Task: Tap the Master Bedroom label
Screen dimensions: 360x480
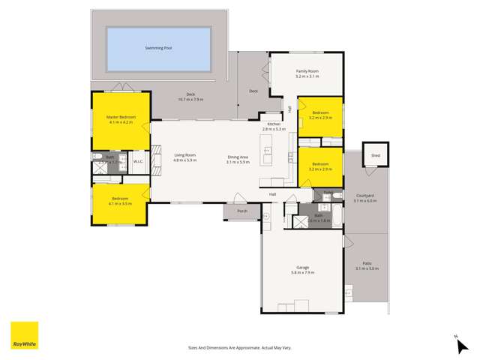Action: (x=119, y=117)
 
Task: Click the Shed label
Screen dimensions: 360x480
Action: (x=374, y=155)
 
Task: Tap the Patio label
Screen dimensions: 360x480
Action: (x=367, y=263)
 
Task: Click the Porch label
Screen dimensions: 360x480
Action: (x=241, y=211)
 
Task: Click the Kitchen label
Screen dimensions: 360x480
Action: (x=274, y=124)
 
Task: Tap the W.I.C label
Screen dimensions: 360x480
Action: (x=138, y=161)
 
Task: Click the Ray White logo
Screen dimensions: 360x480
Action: (x=23, y=334)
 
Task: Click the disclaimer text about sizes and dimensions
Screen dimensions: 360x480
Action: (x=239, y=347)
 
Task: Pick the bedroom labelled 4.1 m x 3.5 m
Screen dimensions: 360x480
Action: (x=120, y=202)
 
